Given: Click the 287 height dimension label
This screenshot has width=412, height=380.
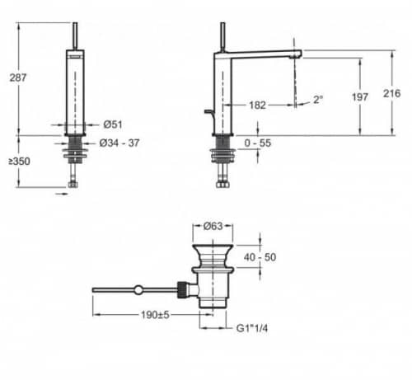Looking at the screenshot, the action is click(x=18, y=77).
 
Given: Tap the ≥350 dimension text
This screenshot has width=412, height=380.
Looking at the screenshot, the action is click(x=19, y=162).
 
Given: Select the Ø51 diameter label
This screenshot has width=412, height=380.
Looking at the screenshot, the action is click(x=113, y=124).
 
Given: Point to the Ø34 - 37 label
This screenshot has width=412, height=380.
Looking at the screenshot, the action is click(x=119, y=143).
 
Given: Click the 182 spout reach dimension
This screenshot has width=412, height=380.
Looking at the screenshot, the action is click(x=257, y=105).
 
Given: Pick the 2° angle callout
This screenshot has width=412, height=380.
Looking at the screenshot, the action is click(x=318, y=100).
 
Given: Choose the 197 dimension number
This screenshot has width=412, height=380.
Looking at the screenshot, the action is click(x=360, y=96).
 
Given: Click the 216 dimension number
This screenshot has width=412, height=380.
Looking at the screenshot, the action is click(x=392, y=93).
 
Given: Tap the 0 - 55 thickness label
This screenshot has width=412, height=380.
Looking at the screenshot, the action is click(x=258, y=143).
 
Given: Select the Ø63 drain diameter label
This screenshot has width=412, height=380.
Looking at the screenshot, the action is click(x=213, y=226).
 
